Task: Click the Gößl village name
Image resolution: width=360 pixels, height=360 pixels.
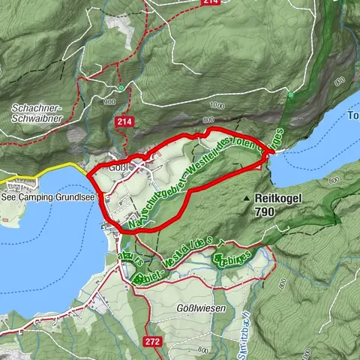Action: click(120, 167)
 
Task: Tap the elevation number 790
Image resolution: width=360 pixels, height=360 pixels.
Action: click(265, 213)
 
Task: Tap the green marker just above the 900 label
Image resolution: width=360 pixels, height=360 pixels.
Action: click(119, 88)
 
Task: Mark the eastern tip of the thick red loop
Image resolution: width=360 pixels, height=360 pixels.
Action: click(274, 152)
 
